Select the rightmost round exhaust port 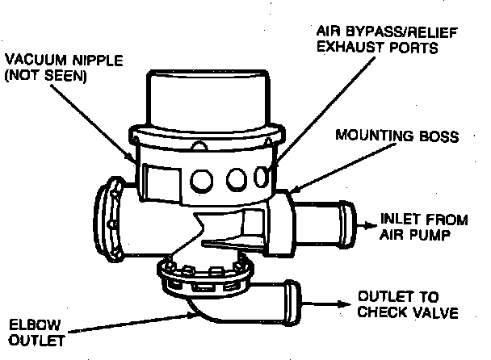(262, 176)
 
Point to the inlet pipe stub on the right (323, 223)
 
